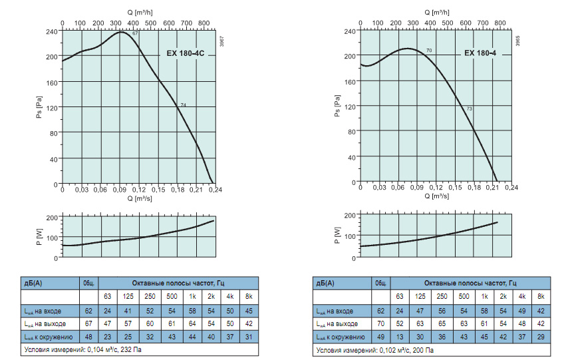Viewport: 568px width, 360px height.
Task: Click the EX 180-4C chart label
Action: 186,53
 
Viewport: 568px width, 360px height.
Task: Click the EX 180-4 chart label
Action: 480,53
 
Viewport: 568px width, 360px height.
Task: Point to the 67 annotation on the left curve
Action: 135,33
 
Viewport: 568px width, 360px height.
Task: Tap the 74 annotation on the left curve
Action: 184,105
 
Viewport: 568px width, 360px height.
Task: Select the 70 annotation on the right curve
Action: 429,51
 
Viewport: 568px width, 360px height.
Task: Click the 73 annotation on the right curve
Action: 470,108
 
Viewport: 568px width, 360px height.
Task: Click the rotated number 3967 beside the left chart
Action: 221,41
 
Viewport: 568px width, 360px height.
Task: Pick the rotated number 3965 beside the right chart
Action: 517,40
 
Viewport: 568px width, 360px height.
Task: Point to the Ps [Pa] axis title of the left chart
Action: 39,107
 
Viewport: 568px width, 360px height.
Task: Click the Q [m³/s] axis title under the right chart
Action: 436,196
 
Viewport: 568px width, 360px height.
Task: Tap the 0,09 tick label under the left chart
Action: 120,190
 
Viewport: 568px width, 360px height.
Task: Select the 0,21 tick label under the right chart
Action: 493,188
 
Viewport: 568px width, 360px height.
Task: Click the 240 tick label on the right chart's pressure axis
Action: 350,31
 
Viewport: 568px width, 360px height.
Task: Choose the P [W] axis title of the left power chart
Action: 39,236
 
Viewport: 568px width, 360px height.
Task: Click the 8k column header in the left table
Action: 249,297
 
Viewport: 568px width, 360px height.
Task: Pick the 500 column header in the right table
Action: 464,297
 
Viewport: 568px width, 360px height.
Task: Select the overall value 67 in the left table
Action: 88,324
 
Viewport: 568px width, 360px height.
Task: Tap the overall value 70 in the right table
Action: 380,324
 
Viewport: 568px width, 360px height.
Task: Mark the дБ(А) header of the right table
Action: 325,283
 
